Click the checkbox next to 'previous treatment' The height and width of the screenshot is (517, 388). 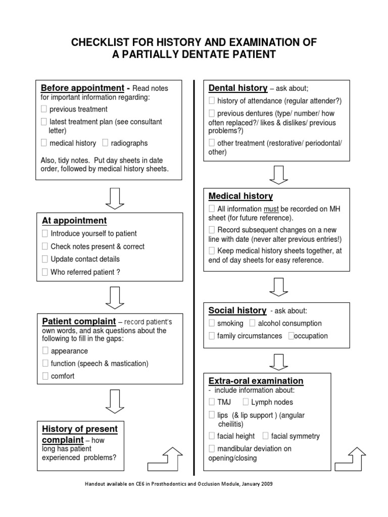(44, 109)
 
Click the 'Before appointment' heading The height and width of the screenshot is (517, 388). (82, 88)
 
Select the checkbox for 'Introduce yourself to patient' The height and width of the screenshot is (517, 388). (44, 234)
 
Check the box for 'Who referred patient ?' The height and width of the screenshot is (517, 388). (44, 272)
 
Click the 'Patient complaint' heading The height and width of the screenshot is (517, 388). (78, 322)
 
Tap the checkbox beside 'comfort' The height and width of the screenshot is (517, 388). (44, 376)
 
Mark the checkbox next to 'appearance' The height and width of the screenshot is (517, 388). (44, 351)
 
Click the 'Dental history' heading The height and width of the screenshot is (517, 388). (238, 88)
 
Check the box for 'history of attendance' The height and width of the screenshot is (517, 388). (212, 100)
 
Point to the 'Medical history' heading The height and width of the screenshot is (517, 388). (240, 196)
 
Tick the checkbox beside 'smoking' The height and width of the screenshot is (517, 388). (212, 323)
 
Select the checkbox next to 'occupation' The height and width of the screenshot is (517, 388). (290, 336)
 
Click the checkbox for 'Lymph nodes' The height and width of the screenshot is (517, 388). (246, 402)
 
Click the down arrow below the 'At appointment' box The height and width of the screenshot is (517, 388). (114, 297)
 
